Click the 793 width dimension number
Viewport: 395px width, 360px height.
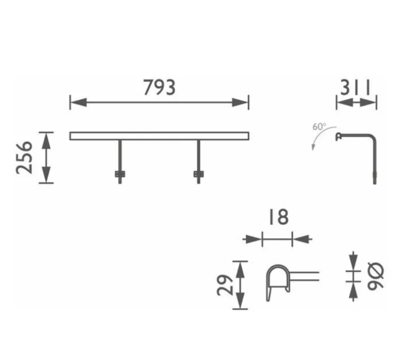pyautogui.click(x=159, y=88)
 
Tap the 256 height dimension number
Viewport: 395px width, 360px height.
pyautogui.click(x=24, y=157)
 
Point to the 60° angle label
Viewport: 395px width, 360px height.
pyautogui.click(x=319, y=127)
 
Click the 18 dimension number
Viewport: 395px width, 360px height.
pyautogui.click(x=277, y=217)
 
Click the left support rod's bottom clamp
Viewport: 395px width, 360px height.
pyautogui.click(x=119, y=174)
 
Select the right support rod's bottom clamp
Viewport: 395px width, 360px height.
pyautogui.click(x=199, y=174)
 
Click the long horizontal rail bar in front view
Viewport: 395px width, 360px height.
pyautogui.click(x=159, y=136)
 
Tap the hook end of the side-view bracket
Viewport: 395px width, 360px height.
pyautogui.click(x=337, y=137)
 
